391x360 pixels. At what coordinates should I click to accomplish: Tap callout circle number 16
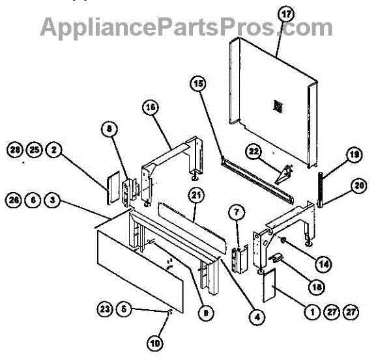(x=150, y=109)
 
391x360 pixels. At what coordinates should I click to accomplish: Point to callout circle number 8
(x=110, y=129)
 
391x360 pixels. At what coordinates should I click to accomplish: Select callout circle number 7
(x=237, y=211)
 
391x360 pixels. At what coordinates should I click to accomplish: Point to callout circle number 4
(x=257, y=318)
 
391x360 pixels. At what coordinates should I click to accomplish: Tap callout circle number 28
(x=15, y=150)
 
